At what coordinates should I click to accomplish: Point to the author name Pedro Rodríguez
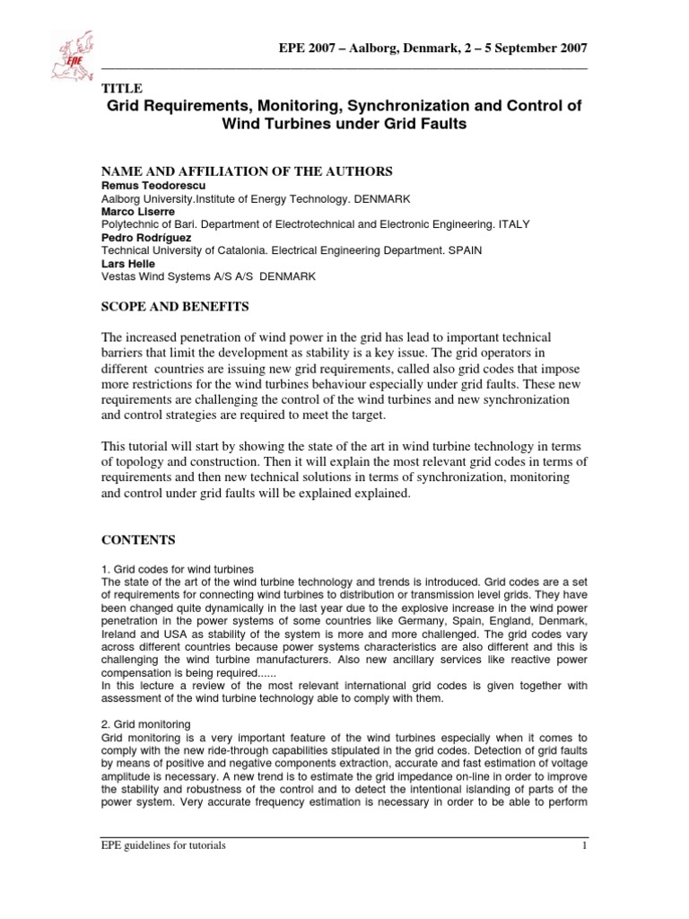point(145,238)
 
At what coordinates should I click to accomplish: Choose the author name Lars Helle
point(129,264)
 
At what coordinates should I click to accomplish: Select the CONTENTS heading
point(137,541)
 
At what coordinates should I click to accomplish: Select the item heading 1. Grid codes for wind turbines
point(179,569)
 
